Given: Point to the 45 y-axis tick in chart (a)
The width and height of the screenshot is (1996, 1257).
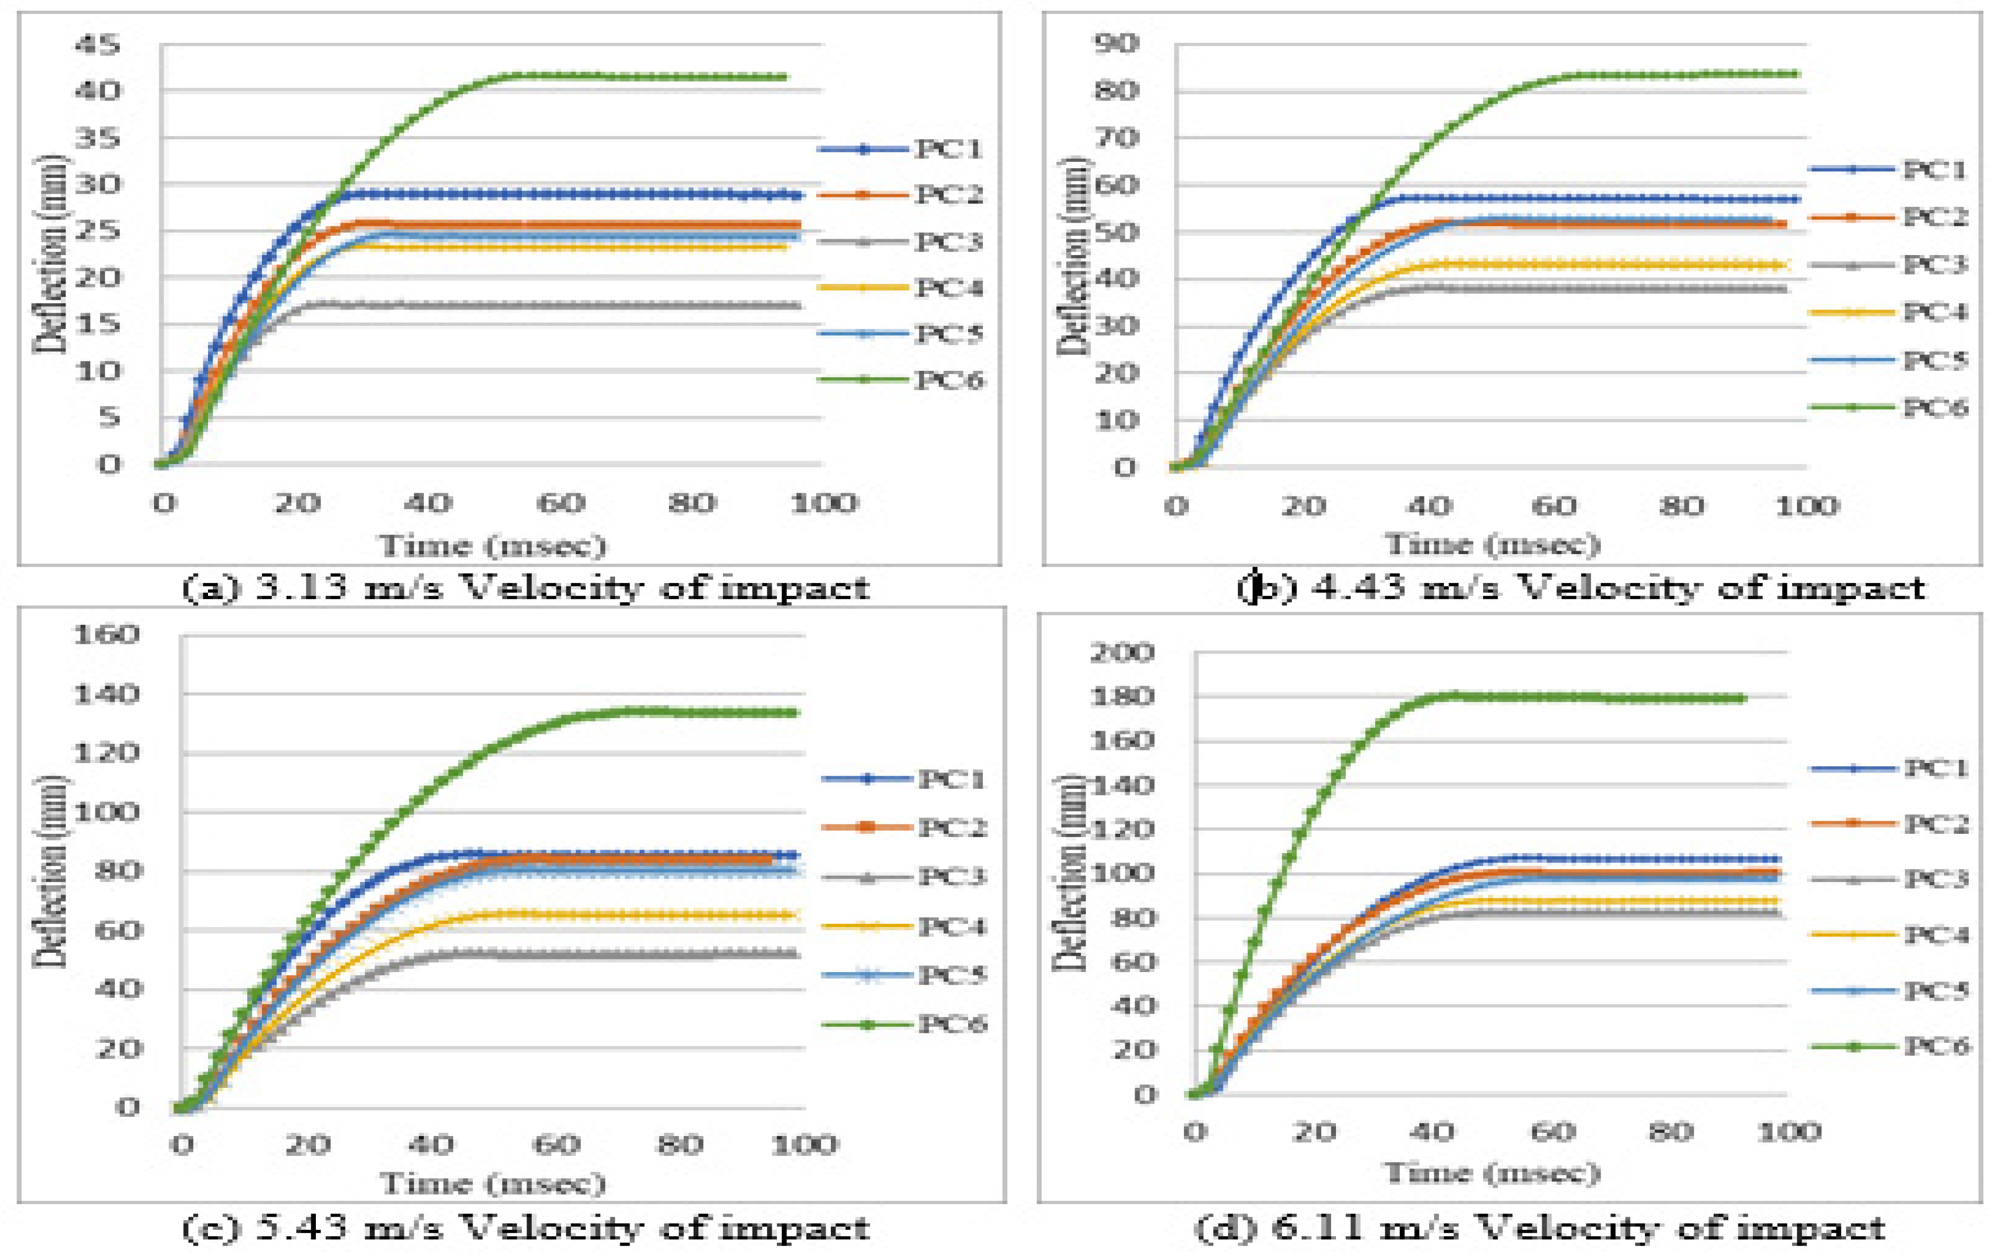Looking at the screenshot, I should point(98,44).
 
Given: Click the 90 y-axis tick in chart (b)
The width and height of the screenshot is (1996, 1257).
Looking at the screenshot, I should point(1116,43).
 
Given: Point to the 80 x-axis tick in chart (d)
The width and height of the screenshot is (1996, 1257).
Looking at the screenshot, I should point(1670,1132).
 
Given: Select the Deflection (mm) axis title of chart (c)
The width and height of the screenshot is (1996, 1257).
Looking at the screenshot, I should point(51,870).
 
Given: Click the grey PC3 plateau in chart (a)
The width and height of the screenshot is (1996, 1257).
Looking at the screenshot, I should point(539,306).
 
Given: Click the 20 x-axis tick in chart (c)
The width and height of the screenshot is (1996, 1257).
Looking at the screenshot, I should point(308,1146).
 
